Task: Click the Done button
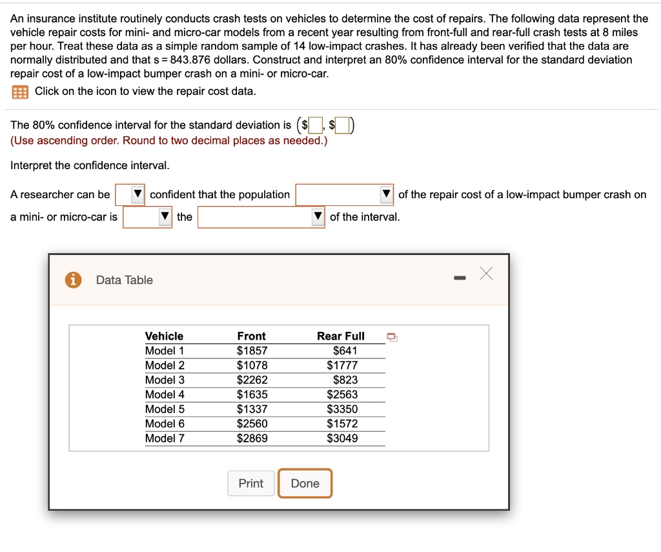305,484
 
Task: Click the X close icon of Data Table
486,274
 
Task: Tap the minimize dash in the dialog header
460,278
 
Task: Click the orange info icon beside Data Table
73,280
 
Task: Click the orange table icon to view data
20,92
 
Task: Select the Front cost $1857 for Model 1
252,351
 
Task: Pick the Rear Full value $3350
342,409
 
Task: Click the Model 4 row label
165,394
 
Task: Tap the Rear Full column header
341,336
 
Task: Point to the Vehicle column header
164,336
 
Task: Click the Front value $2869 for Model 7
252,438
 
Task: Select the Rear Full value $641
345,351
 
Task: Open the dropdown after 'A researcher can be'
130,194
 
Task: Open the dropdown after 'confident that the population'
345,194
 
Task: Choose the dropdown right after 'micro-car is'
148,217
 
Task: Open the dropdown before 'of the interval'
261,217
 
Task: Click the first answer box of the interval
316,125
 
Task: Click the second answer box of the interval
342,125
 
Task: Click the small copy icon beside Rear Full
392,337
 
